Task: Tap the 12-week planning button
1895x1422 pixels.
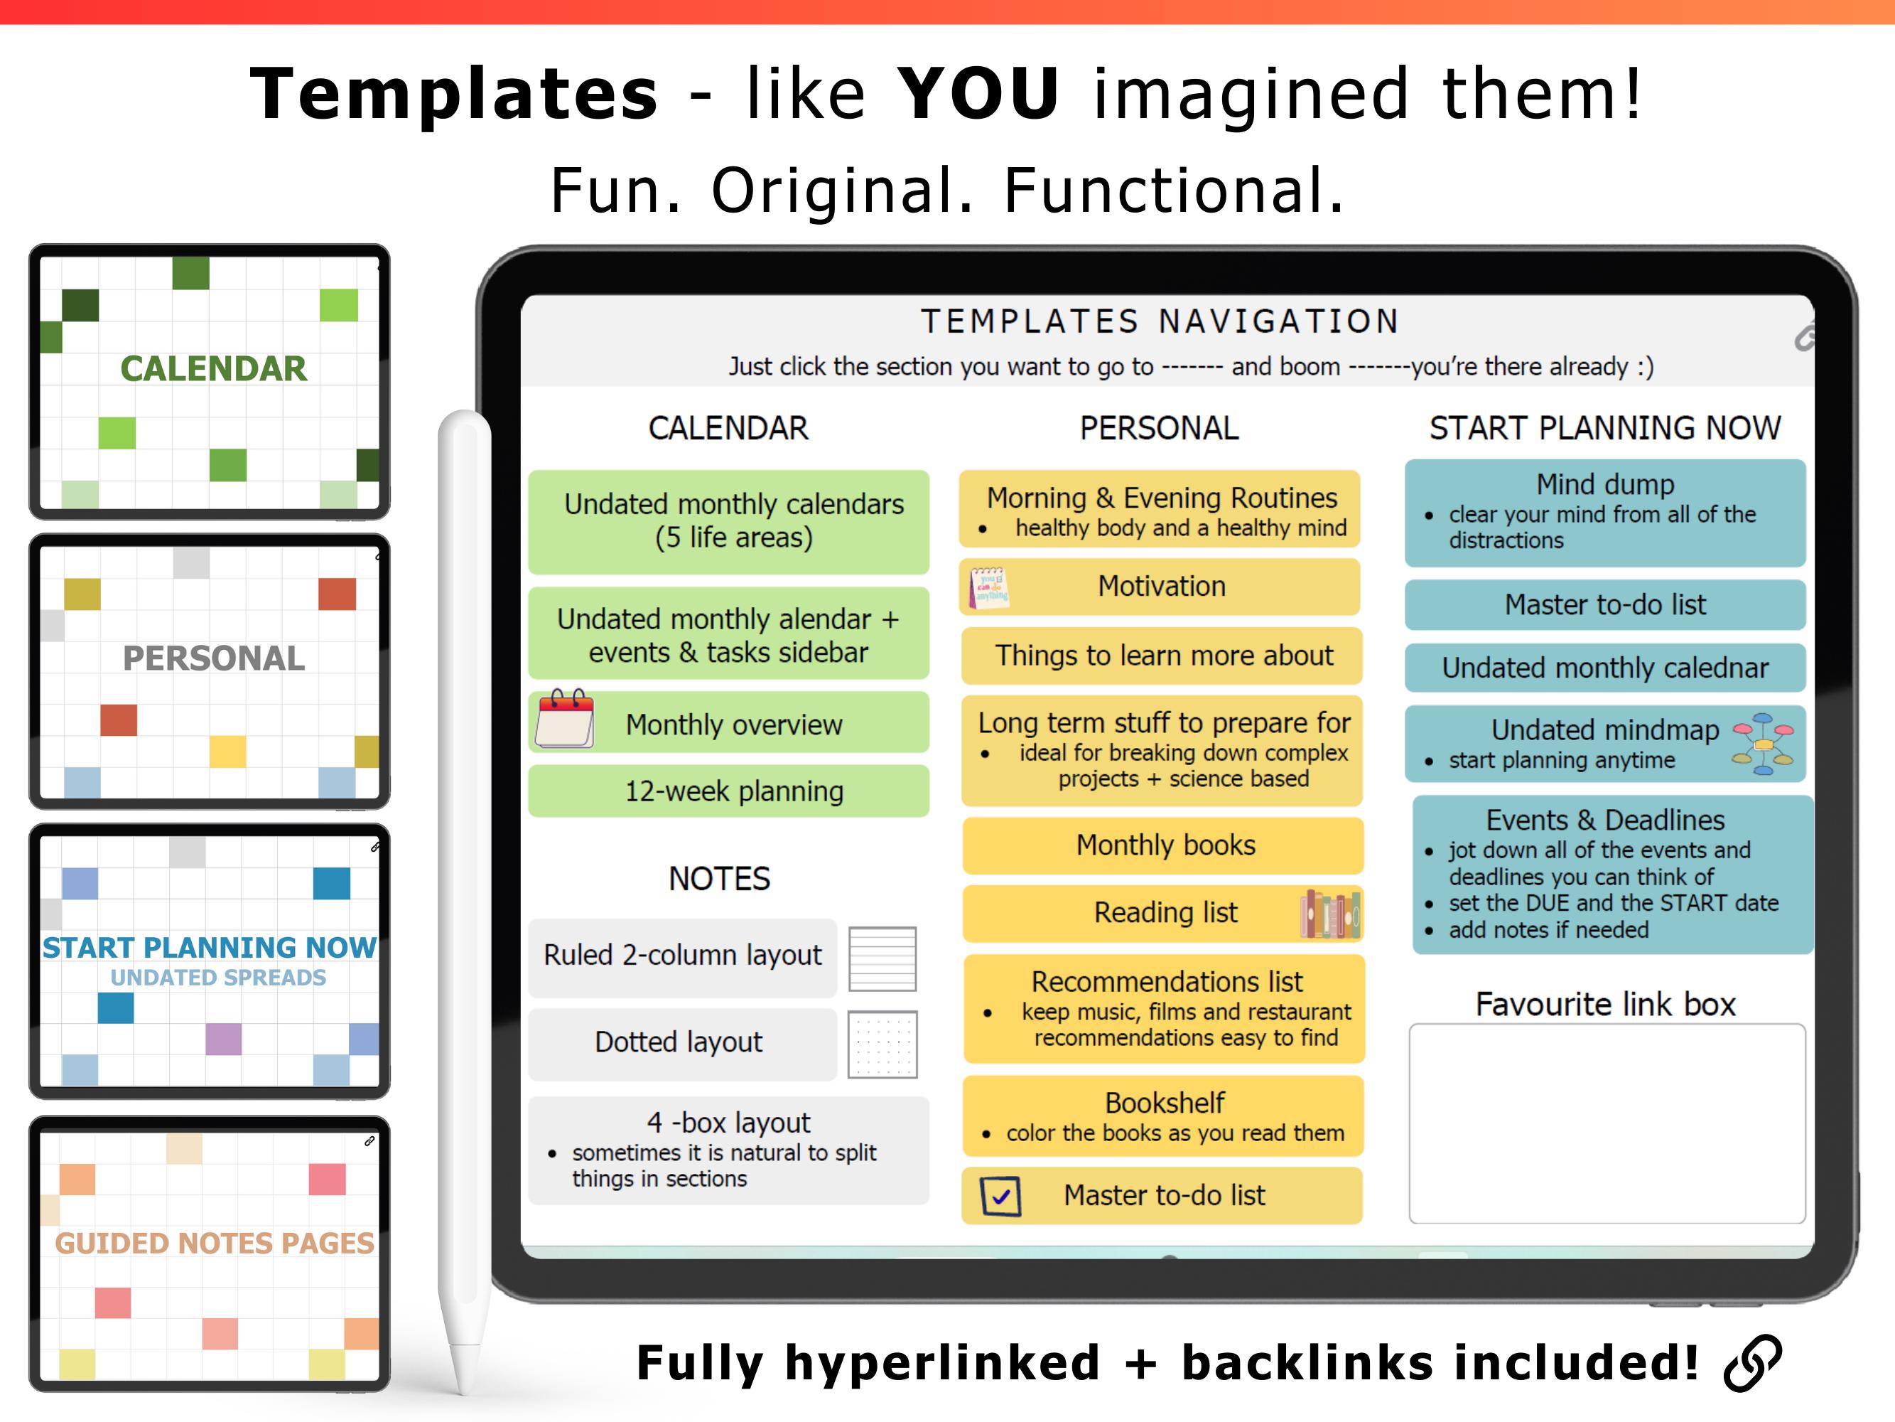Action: click(x=729, y=791)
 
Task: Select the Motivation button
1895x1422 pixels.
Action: click(x=1160, y=587)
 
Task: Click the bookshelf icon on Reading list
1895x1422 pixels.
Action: click(x=1330, y=914)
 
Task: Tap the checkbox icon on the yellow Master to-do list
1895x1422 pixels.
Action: click(x=1000, y=1196)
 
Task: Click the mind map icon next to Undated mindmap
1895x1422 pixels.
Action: click(x=1763, y=744)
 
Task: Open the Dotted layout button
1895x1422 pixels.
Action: click(x=682, y=1043)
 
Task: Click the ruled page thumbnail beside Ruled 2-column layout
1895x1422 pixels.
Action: click(x=882, y=958)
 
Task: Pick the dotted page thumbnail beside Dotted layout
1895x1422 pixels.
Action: click(x=882, y=1044)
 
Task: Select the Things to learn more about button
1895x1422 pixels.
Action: click(x=1162, y=656)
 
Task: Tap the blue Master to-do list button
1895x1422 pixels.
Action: click(x=1605, y=605)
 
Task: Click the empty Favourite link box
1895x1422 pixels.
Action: click(x=1607, y=1123)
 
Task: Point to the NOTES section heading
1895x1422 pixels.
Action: click(x=720, y=880)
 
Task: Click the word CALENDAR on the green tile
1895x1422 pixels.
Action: click(x=213, y=368)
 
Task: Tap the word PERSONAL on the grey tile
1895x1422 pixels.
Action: click(x=213, y=658)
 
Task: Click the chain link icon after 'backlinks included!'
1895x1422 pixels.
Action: click(x=1753, y=1362)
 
